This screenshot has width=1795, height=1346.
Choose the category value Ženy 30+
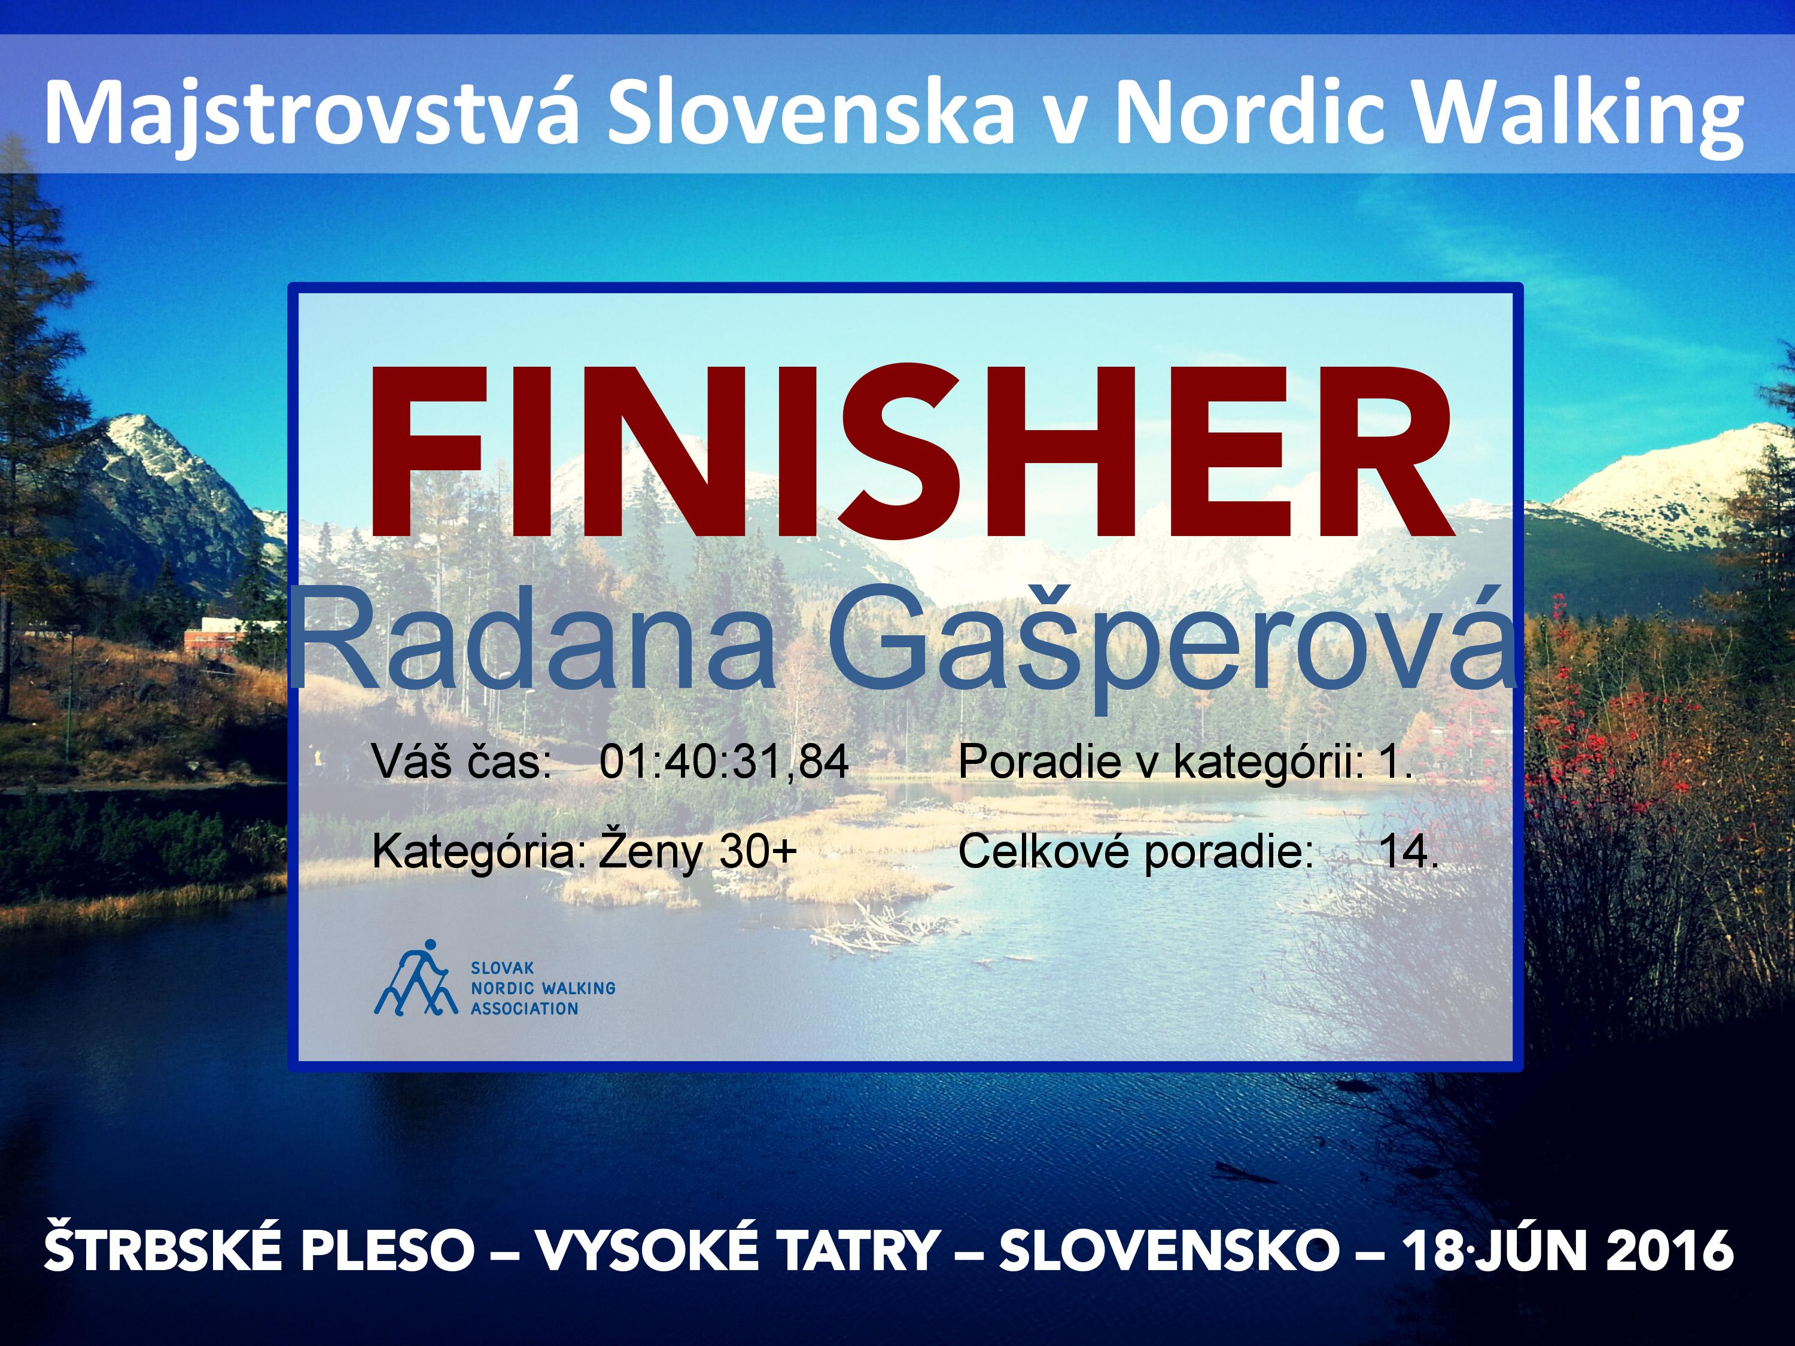698,851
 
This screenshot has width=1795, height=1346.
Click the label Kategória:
479,852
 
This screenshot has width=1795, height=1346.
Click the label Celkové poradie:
1135,852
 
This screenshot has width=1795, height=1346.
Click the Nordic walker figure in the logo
412,977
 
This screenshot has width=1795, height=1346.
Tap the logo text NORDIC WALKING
543,988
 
